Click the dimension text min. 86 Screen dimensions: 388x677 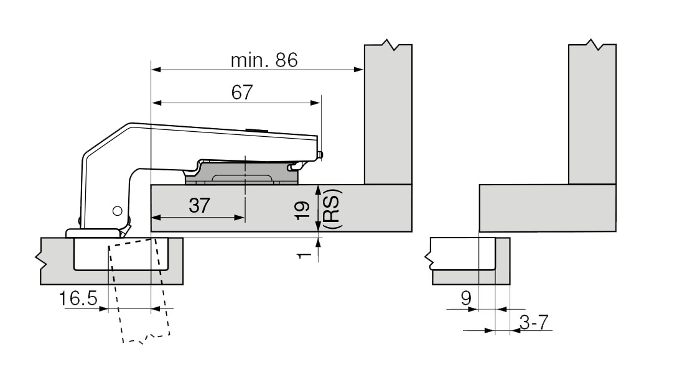click(x=264, y=60)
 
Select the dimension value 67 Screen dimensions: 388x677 click(x=241, y=93)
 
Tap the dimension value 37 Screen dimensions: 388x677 click(x=199, y=207)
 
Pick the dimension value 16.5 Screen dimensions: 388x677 click(x=78, y=299)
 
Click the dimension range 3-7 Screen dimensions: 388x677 click(x=533, y=323)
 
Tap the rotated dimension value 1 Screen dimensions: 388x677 click(x=303, y=254)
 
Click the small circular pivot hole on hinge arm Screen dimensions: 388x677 click(x=116, y=211)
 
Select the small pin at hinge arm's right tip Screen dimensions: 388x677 click(x=320, y=154)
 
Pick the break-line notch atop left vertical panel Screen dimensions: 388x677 click(x=389, y=46)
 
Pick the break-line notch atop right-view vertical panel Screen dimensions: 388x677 click(x=592, y=46)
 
